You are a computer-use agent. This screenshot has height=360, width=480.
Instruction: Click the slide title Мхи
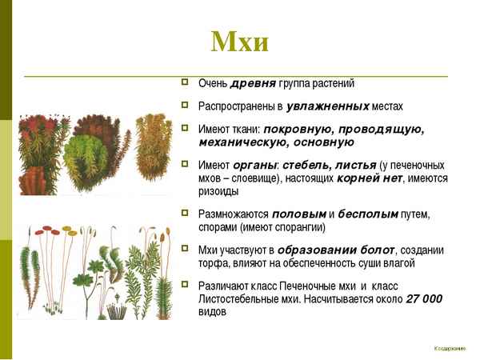pyautogui.click(x=239, y=42)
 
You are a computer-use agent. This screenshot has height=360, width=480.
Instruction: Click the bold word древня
pyautogui.click(x=254, y=83)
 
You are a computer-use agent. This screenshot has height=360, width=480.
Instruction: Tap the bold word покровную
pyautogui.click(x=298, y=128)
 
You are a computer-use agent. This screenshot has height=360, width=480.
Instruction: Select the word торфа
pyautogui.click(x=212, y=264)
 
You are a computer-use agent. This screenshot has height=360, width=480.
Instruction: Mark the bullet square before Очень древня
pyautogui.click(x=185, y=82)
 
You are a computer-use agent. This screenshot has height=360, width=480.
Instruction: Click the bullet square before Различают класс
pyautogui.click(x=185, y=284)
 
